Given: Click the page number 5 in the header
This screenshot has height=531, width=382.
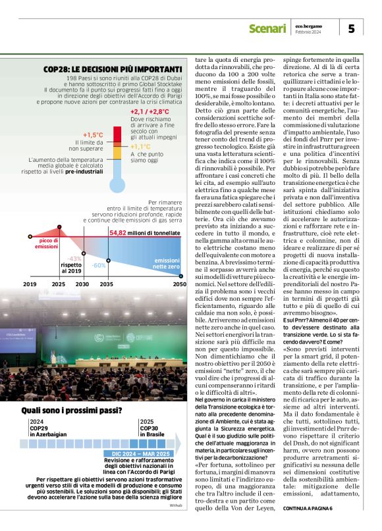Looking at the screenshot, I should pyautogui.click(x=351, y=28).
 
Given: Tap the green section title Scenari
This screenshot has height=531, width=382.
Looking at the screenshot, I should pyautogui.click(x=266, y=28).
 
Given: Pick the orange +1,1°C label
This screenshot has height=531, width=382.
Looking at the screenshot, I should pyautogui.click(x=141, y=147).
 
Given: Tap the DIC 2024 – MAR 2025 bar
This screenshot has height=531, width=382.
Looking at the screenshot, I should pyautogui.click(x=136, y=454).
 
